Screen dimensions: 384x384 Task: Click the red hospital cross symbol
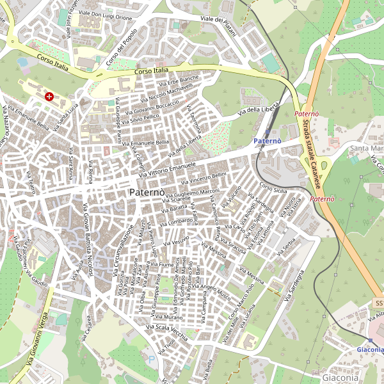point(49,97)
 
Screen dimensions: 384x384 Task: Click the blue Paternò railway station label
point(267,140)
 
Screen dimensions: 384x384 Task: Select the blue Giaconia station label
point(370,350)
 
